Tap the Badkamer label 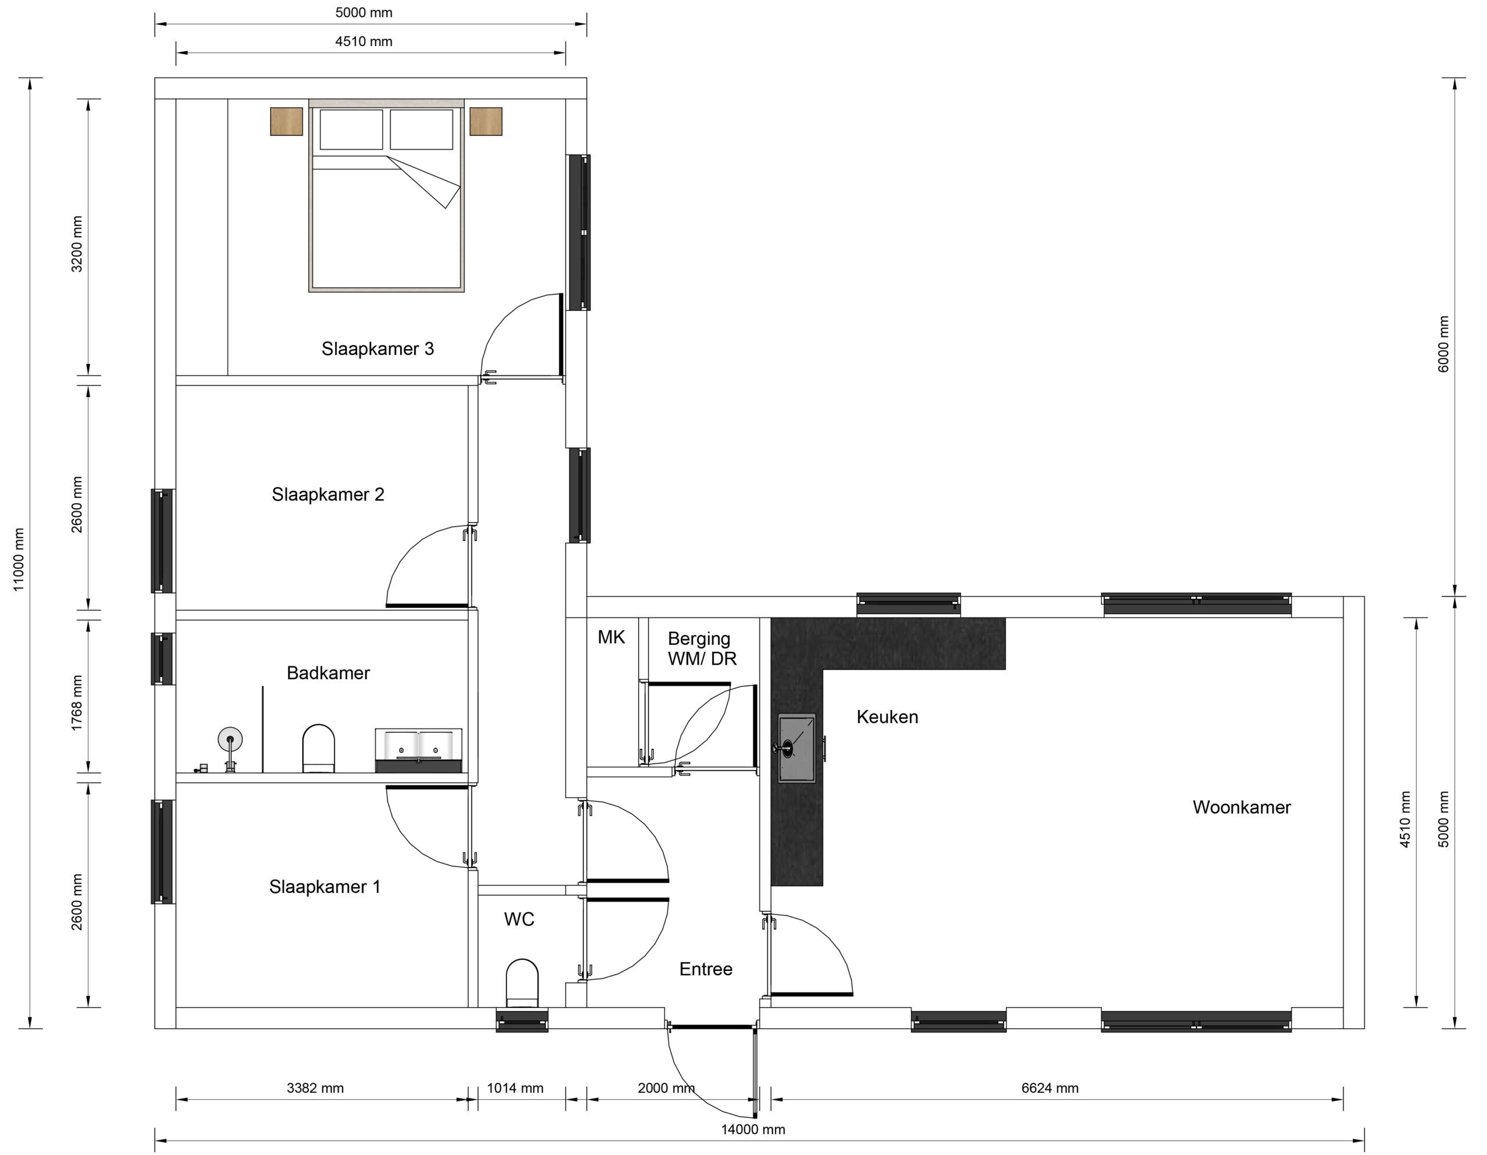click(328, 673)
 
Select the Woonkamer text click(1241, 807)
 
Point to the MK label click(610, 637)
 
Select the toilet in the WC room click(522, 982)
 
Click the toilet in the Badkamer click(318, 748)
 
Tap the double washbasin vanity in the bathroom click(418, 749)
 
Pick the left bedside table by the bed click(286, 121)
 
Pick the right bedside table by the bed click(486, 121)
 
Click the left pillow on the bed click(351, 129)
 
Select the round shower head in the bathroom click(230, 739)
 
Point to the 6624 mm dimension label click(1049, 1088)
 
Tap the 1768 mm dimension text click(77, 703)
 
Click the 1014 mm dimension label click(515, 1088)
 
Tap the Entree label click(705, 969)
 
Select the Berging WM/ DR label click(701, 648)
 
